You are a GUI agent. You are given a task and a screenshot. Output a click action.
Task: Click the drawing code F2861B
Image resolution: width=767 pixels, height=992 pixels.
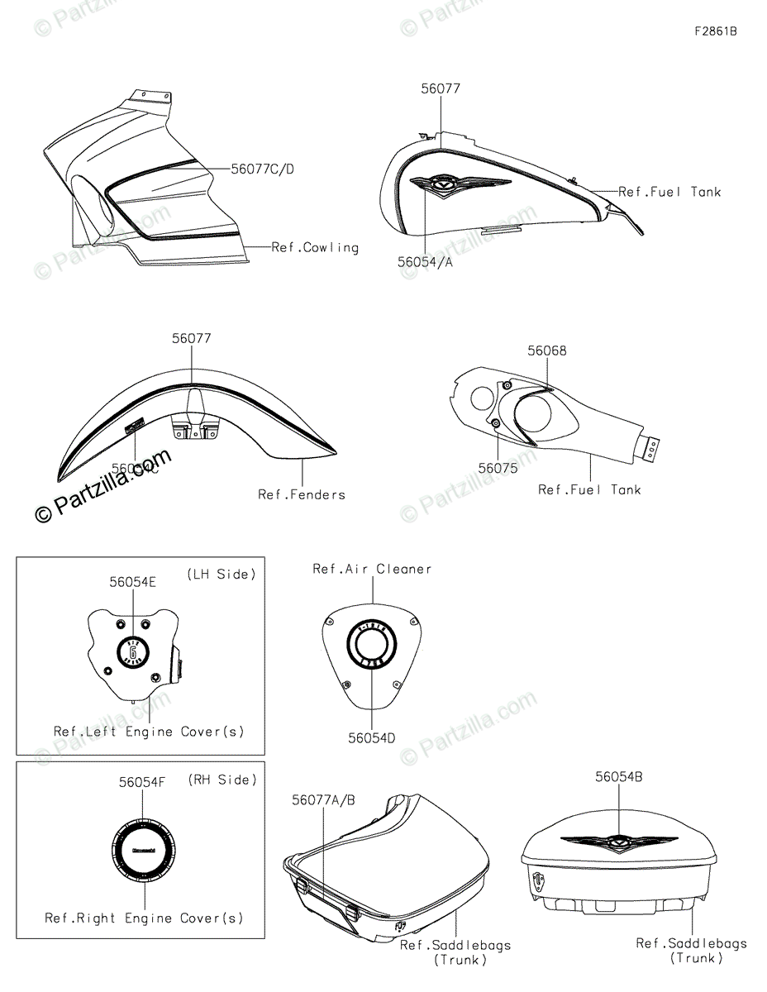point(715,32)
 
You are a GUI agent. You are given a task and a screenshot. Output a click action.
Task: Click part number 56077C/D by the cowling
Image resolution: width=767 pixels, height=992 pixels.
point(262,169)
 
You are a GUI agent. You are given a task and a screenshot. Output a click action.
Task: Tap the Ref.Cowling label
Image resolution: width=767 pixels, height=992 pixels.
point(316,247)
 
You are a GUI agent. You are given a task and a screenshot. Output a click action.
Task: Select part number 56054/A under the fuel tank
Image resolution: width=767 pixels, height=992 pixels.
point(425,261)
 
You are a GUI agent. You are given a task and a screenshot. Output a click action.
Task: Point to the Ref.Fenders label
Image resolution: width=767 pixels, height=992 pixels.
point(301,494)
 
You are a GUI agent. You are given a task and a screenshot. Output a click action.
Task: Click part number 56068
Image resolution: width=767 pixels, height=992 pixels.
point(547,351)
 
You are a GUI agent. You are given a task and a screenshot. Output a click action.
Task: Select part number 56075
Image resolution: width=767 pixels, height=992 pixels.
point(498,468)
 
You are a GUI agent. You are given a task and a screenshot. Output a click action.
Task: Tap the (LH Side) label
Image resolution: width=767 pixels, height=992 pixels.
point(221,574)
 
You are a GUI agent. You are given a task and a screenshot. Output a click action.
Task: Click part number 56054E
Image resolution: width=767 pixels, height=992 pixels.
point(132,582)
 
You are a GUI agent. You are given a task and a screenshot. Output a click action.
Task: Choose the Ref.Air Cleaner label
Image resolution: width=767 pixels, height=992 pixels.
point(372,569)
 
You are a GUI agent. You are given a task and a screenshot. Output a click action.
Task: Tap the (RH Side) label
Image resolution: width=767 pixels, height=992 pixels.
point(222,780)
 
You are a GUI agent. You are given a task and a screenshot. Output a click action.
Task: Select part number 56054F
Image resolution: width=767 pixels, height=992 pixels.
point(142,781)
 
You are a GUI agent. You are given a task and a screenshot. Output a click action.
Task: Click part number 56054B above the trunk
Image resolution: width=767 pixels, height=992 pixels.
point(618,777)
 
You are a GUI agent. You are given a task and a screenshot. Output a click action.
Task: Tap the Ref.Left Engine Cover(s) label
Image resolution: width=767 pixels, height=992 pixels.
point(149,732)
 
